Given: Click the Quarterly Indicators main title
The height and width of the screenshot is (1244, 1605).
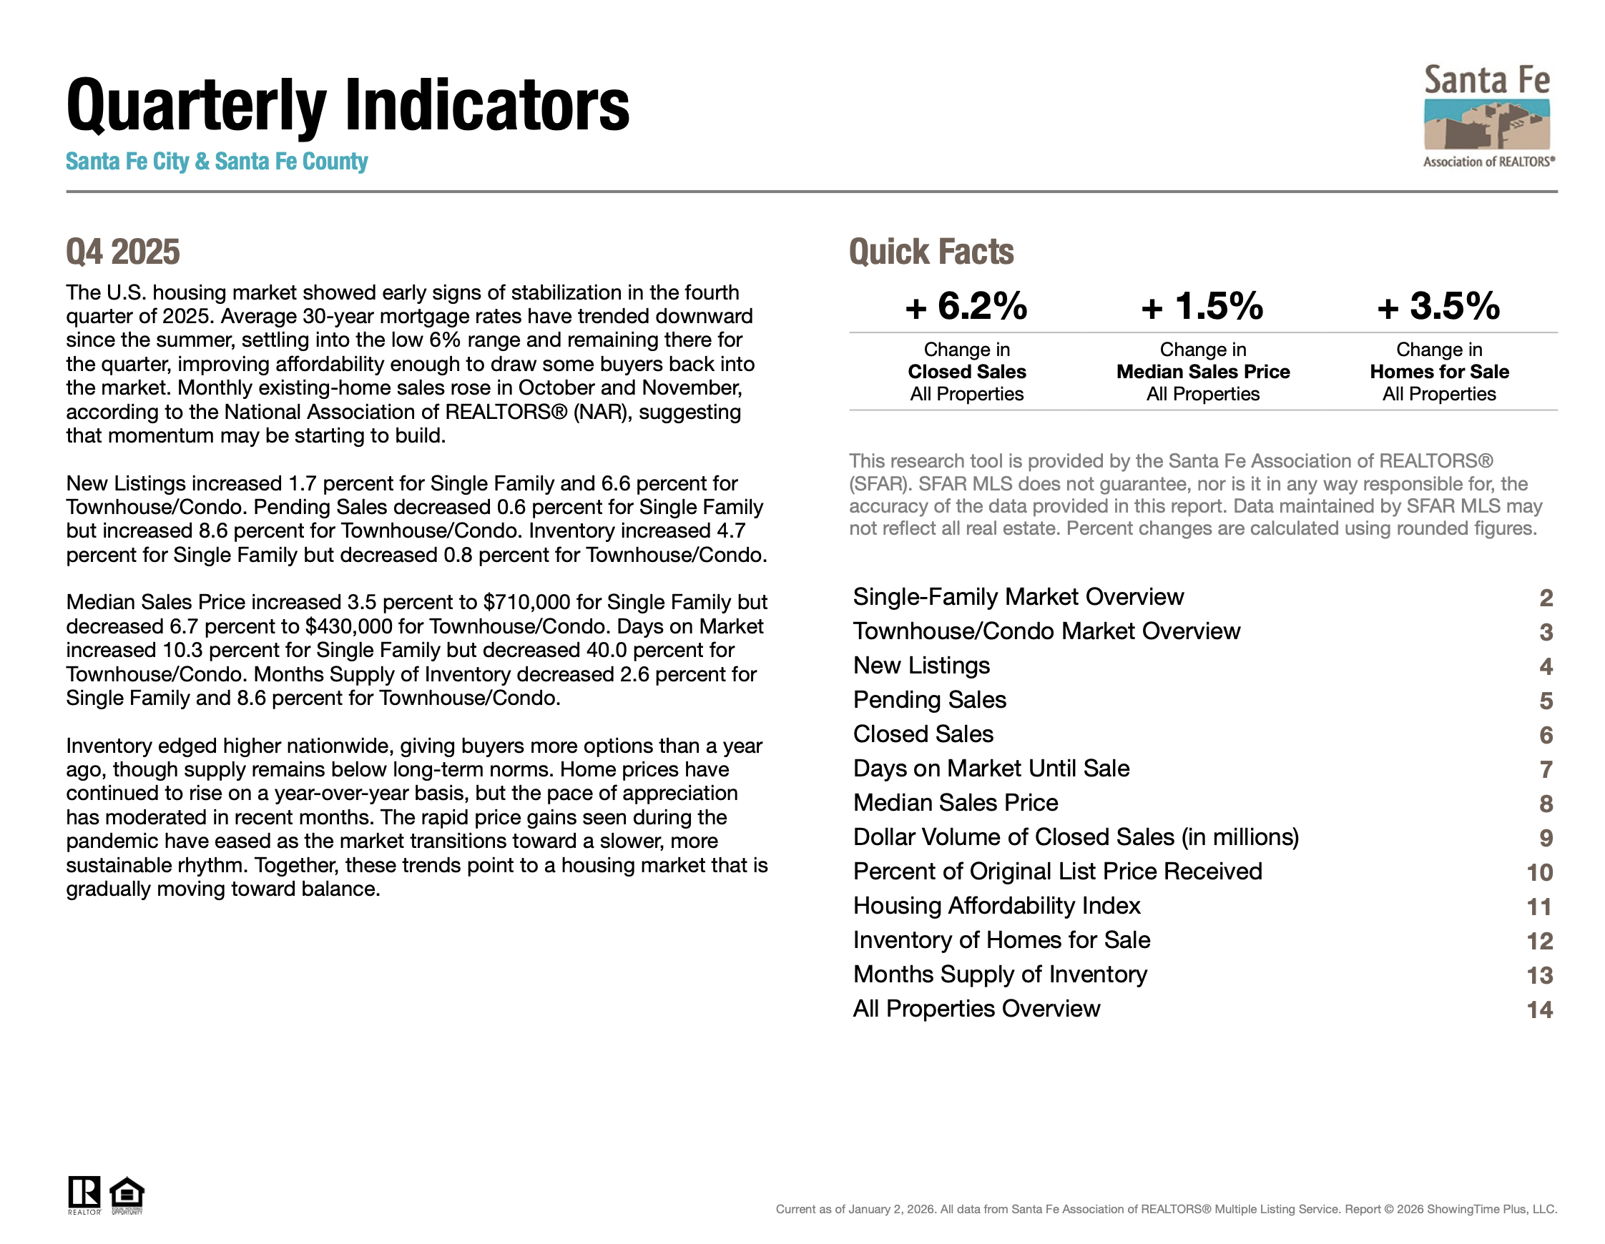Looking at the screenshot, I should tap(348, 106).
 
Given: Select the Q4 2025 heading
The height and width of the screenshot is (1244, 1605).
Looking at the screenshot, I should tap(123, 252).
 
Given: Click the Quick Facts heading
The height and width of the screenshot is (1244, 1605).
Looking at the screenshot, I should tap(931, 252).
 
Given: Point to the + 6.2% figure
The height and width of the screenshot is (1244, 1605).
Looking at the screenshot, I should tap(966, 306).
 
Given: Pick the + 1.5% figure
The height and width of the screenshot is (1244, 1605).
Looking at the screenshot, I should tap(1202, 306).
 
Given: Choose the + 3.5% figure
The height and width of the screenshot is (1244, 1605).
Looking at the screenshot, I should tap(1438, 306).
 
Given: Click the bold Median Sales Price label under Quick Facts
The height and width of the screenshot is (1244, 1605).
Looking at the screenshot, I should tap(1203, 372).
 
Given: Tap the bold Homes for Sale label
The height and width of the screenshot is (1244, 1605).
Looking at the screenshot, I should tap(1439, 372).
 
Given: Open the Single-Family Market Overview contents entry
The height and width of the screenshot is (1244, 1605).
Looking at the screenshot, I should tap(1018, 597).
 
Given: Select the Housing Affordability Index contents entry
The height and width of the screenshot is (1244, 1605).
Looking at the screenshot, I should tap(996, 905).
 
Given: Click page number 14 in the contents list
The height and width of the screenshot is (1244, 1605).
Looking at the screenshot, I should tap(1540, 1009).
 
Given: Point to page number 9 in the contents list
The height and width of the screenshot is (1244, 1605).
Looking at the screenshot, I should tap(1546, 839).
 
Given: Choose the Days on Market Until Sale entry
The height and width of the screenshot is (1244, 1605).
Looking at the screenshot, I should tap(991, 769).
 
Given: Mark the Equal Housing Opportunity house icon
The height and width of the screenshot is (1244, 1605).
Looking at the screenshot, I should tap(127, 1194).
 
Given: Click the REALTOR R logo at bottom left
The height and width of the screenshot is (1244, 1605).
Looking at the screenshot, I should tap(84, 1194).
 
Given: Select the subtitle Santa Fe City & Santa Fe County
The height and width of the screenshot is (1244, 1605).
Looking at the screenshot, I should tap(217, 162).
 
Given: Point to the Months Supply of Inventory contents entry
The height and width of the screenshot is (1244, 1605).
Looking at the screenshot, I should tap(999, 974).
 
